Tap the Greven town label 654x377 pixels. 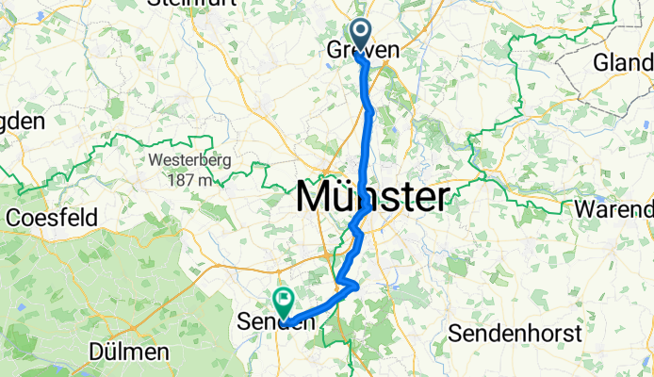(362, 49)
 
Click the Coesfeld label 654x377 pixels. (52, 218)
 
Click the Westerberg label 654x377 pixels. (188, 160)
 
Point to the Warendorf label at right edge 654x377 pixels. (618, 207)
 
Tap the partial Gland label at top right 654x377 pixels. (623, 63)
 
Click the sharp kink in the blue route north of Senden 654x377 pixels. (356, 285)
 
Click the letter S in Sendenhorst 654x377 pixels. (455, 333)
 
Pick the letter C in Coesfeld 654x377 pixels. (14, 218)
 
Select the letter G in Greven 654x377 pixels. (334, 49)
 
